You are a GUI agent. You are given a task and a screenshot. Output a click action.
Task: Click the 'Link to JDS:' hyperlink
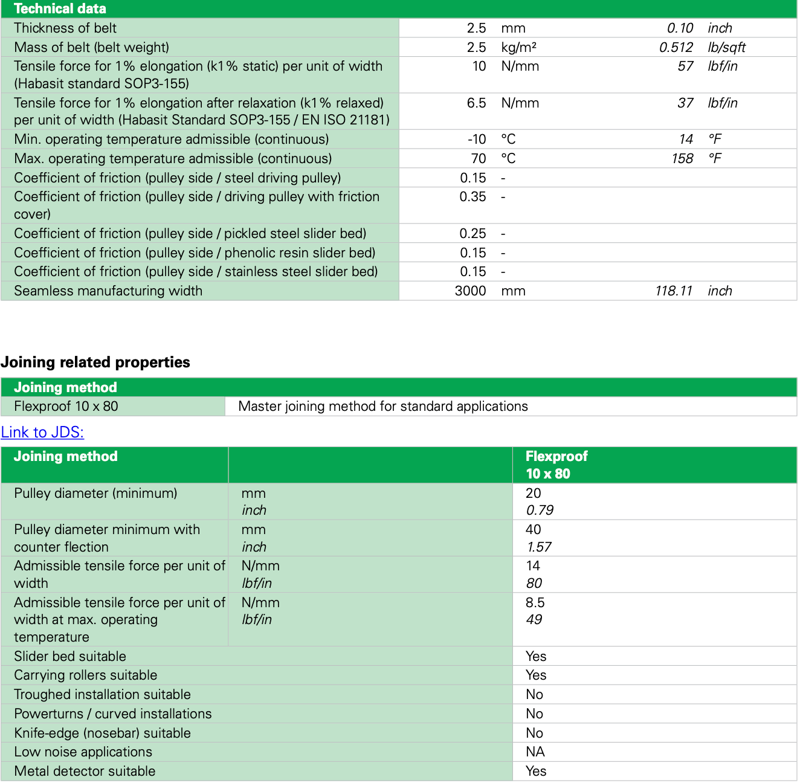[42, 433]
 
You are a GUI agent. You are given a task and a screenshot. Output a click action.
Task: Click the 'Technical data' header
[60, 8]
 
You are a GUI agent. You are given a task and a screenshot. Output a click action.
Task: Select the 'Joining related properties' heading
[95, 362]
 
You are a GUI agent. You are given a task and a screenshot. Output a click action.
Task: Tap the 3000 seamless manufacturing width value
[470, 291]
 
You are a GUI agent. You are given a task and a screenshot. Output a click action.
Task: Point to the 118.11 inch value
[674, 291]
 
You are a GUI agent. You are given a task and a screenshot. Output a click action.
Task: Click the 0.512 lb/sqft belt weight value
[676, 48]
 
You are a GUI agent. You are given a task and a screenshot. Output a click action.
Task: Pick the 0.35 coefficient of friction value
[473, 197]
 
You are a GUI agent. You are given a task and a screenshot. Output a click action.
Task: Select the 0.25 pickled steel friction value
[473, 234]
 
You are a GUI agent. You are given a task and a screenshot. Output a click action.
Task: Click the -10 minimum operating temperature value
[477, 140]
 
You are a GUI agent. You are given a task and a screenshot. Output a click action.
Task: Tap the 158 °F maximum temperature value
[682, 159]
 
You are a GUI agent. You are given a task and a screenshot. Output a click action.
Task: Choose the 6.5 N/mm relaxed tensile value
[476, 103]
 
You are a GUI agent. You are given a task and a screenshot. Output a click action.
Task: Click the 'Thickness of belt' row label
[65, 28]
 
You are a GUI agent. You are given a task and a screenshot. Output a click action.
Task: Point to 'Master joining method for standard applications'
[383, 407]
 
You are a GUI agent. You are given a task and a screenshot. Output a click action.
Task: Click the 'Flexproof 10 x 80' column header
[556, 465]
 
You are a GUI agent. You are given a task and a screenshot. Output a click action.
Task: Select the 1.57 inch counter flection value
[539, 547]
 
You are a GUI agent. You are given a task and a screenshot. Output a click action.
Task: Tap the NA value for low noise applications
[535, 752]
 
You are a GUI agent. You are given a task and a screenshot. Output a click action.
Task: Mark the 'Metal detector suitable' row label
[85, 772]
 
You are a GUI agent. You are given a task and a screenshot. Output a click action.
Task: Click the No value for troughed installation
[534, 695]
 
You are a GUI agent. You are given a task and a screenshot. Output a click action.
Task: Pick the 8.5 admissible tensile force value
[535, 603]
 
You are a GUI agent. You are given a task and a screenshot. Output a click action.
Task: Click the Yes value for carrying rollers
[536, 675]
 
